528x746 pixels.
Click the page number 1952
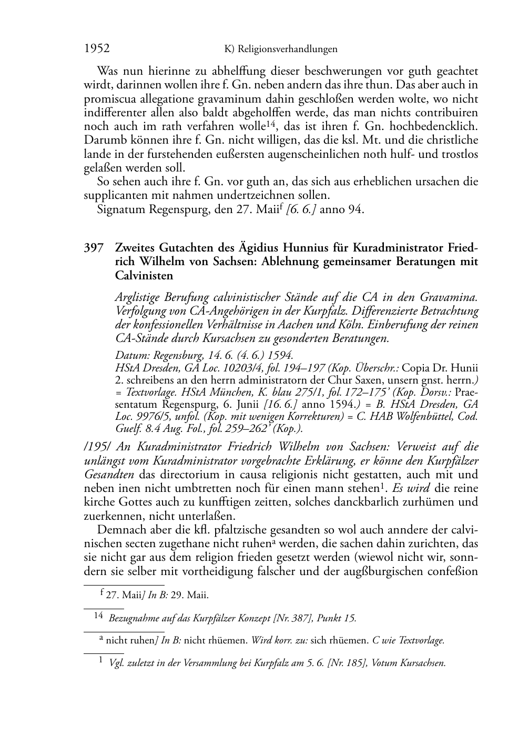coord(97,48)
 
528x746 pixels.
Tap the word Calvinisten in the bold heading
coord(144,275)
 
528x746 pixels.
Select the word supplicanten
coord(115,195)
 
